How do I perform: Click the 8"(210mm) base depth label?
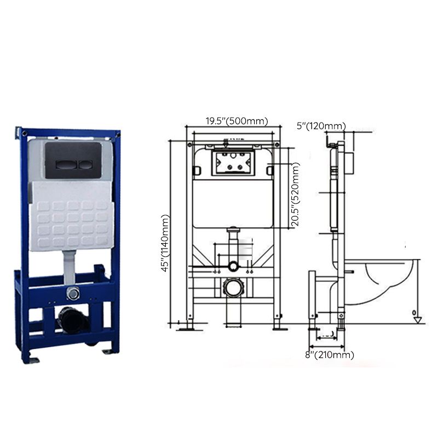[x=329, y=355]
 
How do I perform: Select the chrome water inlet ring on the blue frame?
[x=73, y=293]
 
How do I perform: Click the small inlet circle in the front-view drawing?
[x=234, y=267]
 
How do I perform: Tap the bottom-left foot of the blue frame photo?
[x=32, y=359]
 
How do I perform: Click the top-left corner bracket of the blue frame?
[x=22, y=132]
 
